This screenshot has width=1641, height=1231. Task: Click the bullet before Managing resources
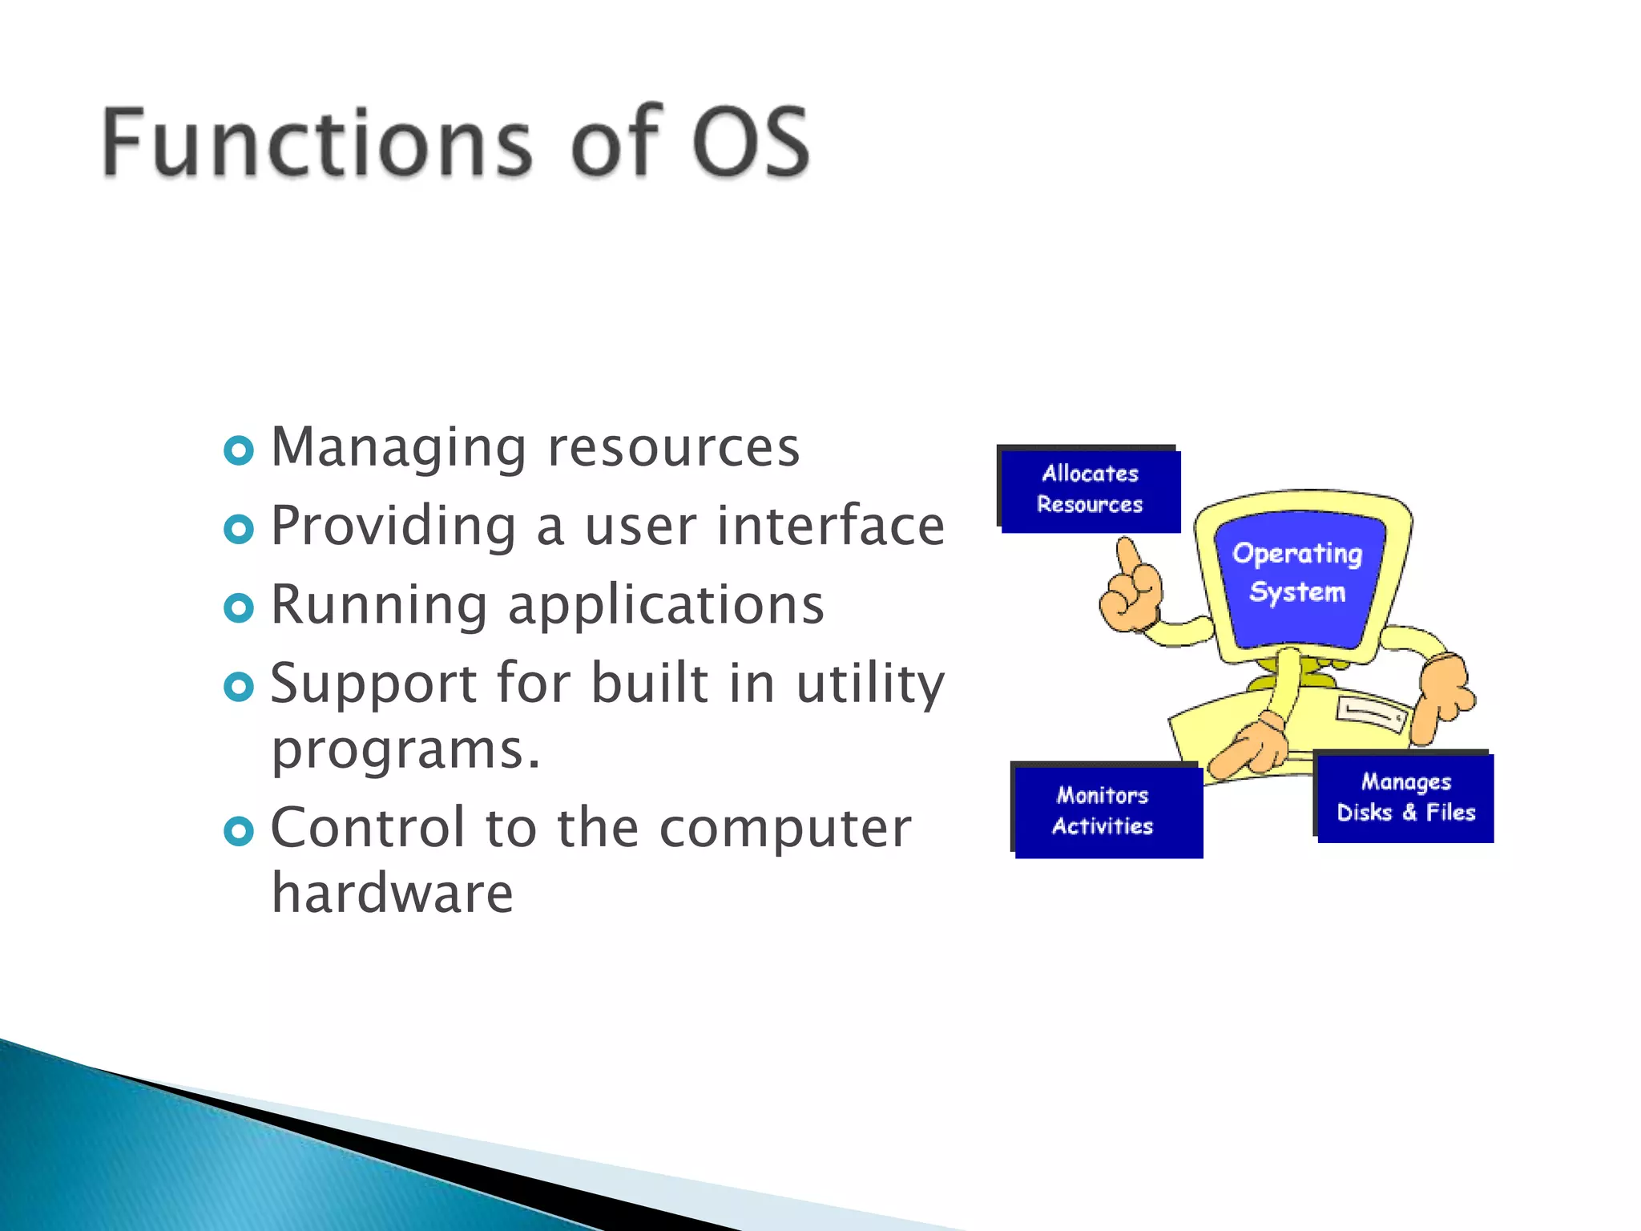[x=239, y=450]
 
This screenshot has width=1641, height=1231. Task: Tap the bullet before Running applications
[x=239, y=607]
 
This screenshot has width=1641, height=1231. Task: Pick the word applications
[x=666, y=605]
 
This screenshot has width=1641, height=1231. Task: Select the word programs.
[x=405, y=750]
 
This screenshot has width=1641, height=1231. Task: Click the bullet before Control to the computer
[x=239, y=831]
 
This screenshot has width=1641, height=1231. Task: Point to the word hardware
[x=392, y=893]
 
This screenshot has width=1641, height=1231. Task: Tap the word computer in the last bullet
[x=784, y=828]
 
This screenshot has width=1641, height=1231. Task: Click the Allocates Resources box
[x=1090, y=490]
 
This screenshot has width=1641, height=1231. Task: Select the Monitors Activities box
[x=1107, y=811]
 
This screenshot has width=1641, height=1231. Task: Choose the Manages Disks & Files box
[x=1405, y=797]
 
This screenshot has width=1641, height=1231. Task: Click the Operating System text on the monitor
[x=1297, y=572]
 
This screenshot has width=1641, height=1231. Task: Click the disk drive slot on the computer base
[x=1371, y=712]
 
